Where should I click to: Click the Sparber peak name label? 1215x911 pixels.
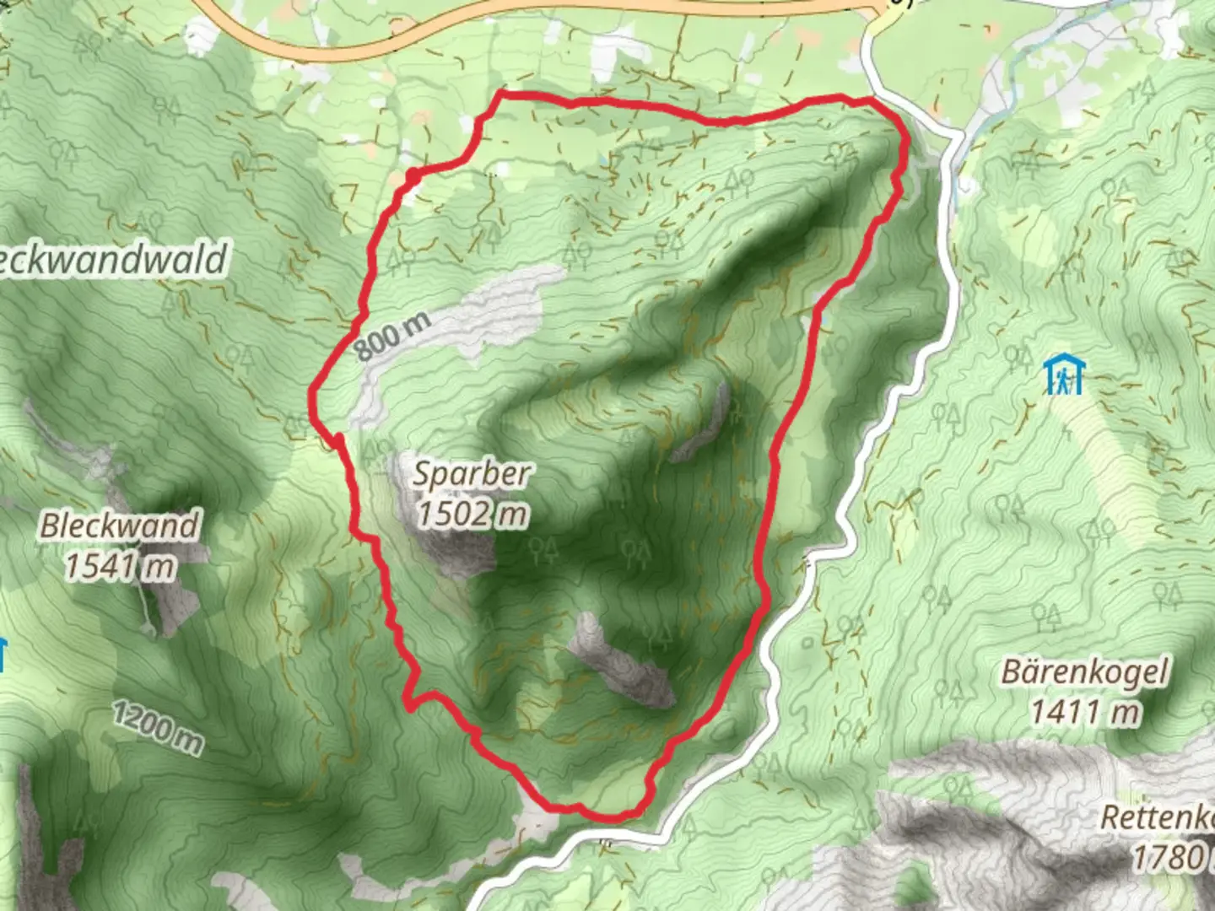[471, 474]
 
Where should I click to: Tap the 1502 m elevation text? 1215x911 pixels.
[472, 513]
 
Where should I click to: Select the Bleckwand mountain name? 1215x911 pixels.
[119, 526]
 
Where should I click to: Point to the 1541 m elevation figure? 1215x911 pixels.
[121, 566]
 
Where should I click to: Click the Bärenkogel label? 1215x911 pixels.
[1085, 673]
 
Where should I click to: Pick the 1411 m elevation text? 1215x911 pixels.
[1085, 712]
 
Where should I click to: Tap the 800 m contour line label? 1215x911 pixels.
[392, 335]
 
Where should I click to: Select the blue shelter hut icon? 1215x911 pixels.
[1064, 375]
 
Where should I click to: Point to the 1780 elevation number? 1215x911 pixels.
[1168, 857]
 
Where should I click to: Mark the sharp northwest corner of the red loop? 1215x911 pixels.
[501, 92]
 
